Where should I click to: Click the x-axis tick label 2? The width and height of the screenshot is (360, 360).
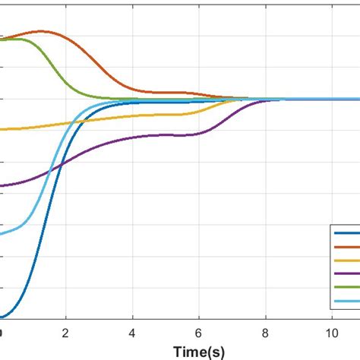[x=66, y=332]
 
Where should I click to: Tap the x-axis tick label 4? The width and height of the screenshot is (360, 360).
[x=132, y=332]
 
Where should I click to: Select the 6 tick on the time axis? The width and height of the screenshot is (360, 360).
[x=198, y=332]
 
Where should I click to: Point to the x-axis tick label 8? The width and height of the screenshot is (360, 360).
[x=264, y=332]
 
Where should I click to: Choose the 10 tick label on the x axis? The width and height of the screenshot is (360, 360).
[x=330, y=332]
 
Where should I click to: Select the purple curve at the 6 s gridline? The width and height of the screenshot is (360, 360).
[x=198, y=133]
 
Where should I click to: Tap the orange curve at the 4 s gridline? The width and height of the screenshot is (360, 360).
[x=132, y=89]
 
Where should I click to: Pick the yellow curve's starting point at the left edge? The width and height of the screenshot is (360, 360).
[x=2, y=129]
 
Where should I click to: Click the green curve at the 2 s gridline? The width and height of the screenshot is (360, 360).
[x=66, y=82]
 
